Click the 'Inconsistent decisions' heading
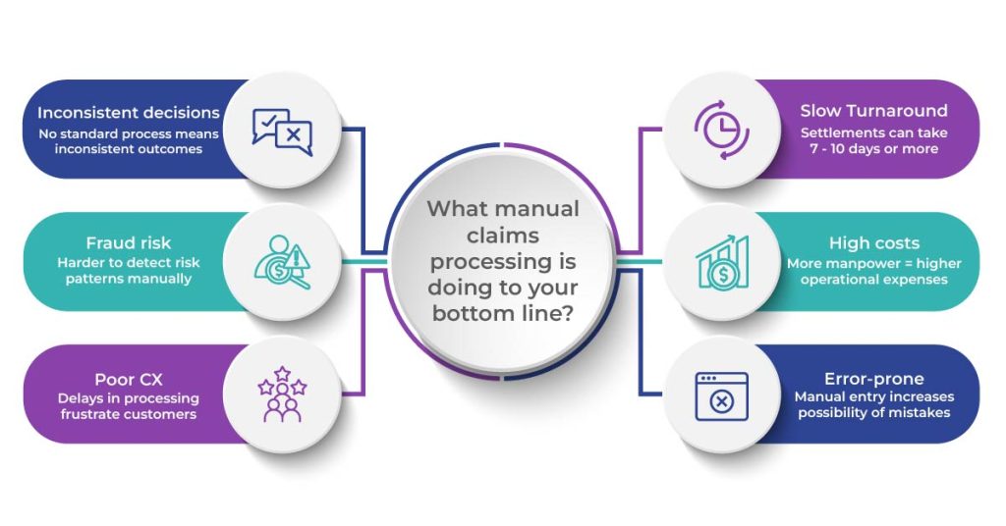pyautogui.click(x=129, y=112)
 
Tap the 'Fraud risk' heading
pyautogui.click(x=129, y=243)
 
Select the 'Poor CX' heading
pyautogui.click(x=129, y=379)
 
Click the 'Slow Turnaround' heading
pyautogui.click(x=873, y=111)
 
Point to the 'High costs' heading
pyautogui.click(x=873, y=243)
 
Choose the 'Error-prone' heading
pyautogui.click(x=873, y=379)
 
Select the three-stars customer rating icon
pyautogui.click(x=282, y=394)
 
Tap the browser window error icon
pyautogui.click(x=722, y=395)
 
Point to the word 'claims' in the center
pyautogui.click(x=502, y=236)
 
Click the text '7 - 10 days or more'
pyautogui.click(x=873, y=149)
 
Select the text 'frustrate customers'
pyautogui.click(x=129, y=414)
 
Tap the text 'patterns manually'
pyautogui.click(x=129, y=280)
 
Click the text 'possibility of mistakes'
pyautogui.click(x=873, y=413)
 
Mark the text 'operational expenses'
pyautogui.click(x=873, y=280)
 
